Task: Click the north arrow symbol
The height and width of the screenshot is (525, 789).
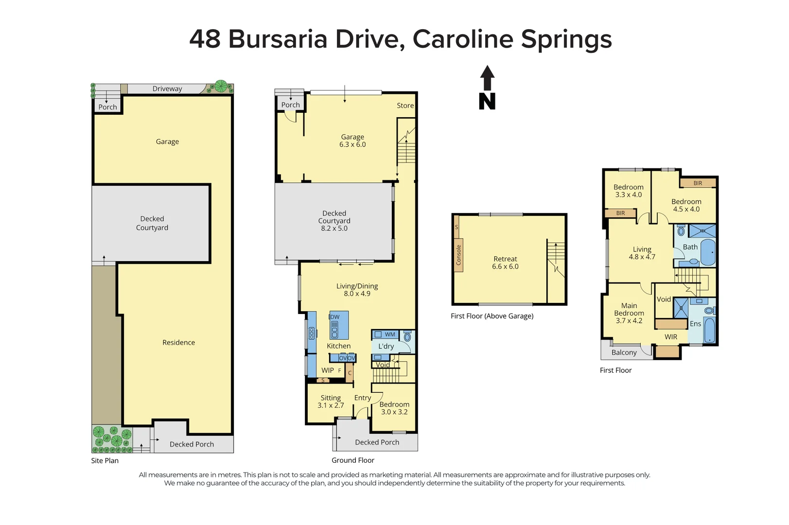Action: [487, 88]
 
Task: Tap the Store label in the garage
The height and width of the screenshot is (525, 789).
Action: [405, 105]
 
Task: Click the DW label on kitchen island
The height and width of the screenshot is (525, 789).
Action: [334, 317]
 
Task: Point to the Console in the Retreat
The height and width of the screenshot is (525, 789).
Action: [458, 255]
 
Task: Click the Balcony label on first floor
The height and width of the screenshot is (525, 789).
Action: [624, 352]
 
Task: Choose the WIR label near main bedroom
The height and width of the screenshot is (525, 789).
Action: [671, 337]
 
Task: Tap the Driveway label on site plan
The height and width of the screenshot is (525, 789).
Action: [167, 88]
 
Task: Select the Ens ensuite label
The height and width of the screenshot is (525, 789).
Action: [695, 324]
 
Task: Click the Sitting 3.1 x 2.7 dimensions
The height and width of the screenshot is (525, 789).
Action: [331, 405]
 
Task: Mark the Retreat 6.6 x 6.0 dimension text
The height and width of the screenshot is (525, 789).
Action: [505, 266]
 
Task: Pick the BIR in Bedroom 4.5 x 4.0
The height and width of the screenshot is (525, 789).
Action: [698, 183]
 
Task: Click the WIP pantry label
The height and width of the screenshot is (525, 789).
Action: [328, 370]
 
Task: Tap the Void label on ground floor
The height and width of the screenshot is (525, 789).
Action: [383, 365]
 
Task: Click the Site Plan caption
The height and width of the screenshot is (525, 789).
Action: [105, 460]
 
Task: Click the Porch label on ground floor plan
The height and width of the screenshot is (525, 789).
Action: [290, 105]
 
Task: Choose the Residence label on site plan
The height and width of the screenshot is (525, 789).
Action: [178, 342]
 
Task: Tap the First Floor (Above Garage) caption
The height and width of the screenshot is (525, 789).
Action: [492, 316]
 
